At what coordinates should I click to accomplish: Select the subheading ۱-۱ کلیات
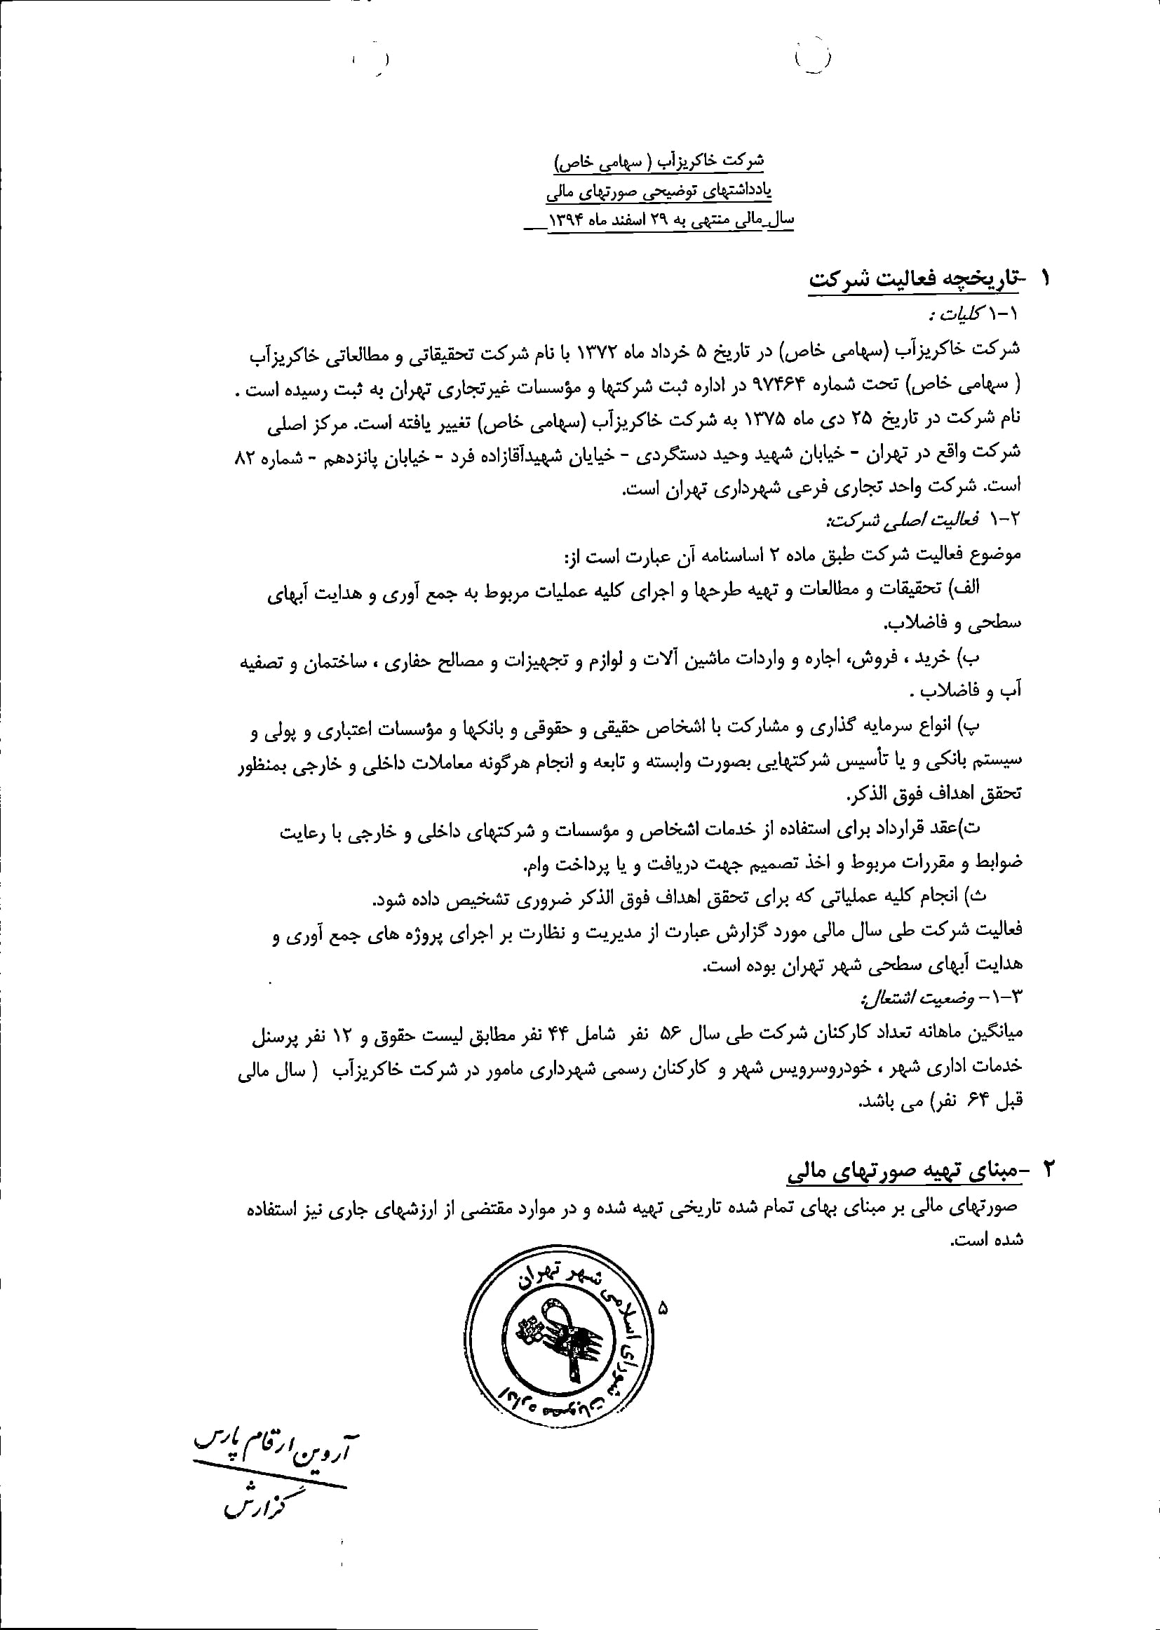(x=975, y=315)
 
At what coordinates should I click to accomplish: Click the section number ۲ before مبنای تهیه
(x=1048, y=1171)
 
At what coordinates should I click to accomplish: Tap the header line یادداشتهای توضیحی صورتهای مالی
(x=659, y=191)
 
